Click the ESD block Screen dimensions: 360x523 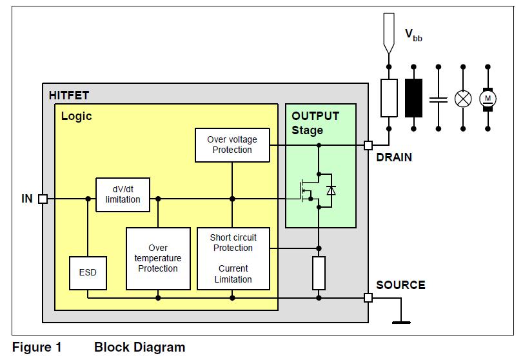88,272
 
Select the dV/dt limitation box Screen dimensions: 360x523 123,194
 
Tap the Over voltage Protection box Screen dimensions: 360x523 232,145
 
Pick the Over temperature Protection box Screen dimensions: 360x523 158,258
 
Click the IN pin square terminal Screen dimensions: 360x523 43,199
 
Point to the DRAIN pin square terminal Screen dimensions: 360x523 368,145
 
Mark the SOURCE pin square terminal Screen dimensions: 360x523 368,298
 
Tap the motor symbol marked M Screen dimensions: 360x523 488,98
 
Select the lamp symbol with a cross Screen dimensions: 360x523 463,98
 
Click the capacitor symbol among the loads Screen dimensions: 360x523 439,98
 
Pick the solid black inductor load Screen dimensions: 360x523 413,98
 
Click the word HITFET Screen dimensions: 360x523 68,95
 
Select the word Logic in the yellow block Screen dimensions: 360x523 76,116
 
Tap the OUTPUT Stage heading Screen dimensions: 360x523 315,123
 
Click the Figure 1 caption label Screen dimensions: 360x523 37,348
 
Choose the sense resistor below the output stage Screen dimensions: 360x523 318,272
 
